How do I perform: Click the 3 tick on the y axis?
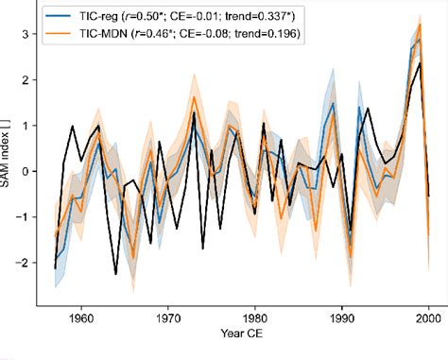coord(26,34)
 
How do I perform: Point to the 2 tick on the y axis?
coord(26,79)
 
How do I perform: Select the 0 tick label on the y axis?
coord(26,171)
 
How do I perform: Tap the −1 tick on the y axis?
coord(24,216)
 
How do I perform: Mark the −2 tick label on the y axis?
coord(24,262)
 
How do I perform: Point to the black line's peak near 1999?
coord(420,63)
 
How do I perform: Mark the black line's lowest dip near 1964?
coord(115,274)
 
